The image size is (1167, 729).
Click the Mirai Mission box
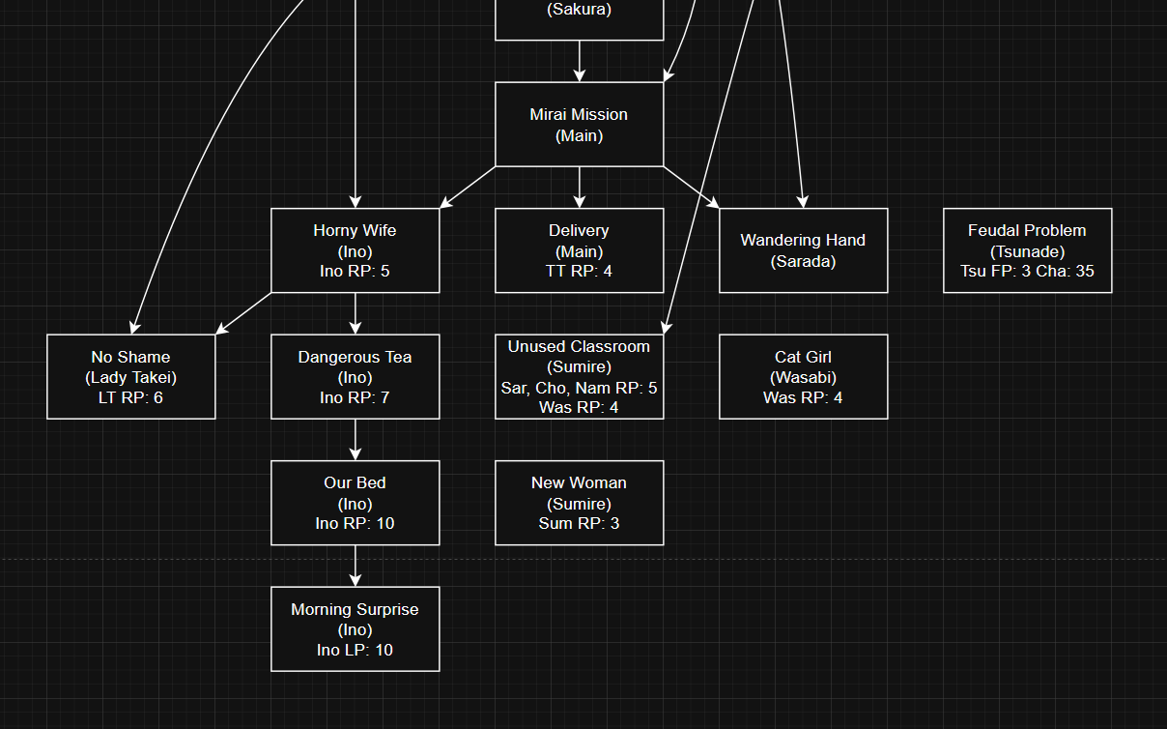[x=579, y=124]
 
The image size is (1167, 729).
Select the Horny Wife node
[x=355, y=249]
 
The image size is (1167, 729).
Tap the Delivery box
[x=579, y=249]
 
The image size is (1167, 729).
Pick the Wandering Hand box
[x=803, y=249]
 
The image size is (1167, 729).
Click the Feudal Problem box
[x=1027, y=249]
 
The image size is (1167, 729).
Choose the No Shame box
[x=130, y=376]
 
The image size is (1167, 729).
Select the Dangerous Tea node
[x=355, y=376]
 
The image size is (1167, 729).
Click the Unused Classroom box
[x=579, y=376]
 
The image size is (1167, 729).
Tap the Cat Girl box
[x=803, y=376]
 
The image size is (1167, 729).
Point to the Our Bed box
[x=355, y=503]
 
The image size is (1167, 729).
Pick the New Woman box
[x=579, y=503]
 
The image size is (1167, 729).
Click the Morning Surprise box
[x=355, y=628]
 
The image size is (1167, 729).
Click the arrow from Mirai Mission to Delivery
[x=579, y=187]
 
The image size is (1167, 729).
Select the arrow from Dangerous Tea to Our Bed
[x=355, y=439]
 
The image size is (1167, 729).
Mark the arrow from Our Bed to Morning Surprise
[x=355, y=566]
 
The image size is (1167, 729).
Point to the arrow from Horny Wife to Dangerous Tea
[x=355, y=313]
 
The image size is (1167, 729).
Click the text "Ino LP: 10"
[x=355, y=650]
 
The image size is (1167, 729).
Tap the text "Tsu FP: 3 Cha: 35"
[x=1027, y=271]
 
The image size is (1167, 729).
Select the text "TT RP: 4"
[x=579, y=271]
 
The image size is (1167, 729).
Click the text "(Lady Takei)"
[x=130, y=377]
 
